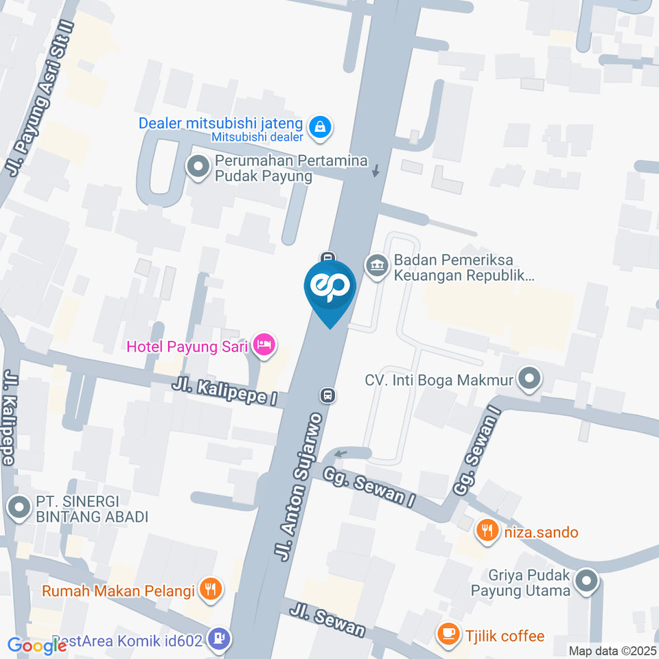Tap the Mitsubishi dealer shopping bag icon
(x=319, y=126)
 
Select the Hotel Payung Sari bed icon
(x=264, y=345)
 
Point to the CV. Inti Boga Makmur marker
(x=529, y=378)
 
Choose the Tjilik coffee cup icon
(x=449, y=635)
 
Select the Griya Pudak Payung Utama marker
(x=586, y=581)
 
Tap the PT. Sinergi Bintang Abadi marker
(x=17, y=508)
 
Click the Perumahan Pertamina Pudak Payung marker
(x=198, y=167)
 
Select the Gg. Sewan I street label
(x=370, y=489)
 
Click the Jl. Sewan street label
(x=327, y=621)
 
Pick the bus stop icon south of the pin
(x=328, y=395)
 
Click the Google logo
(x=37, y=645)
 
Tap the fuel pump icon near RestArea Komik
(x=220, y=638)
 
